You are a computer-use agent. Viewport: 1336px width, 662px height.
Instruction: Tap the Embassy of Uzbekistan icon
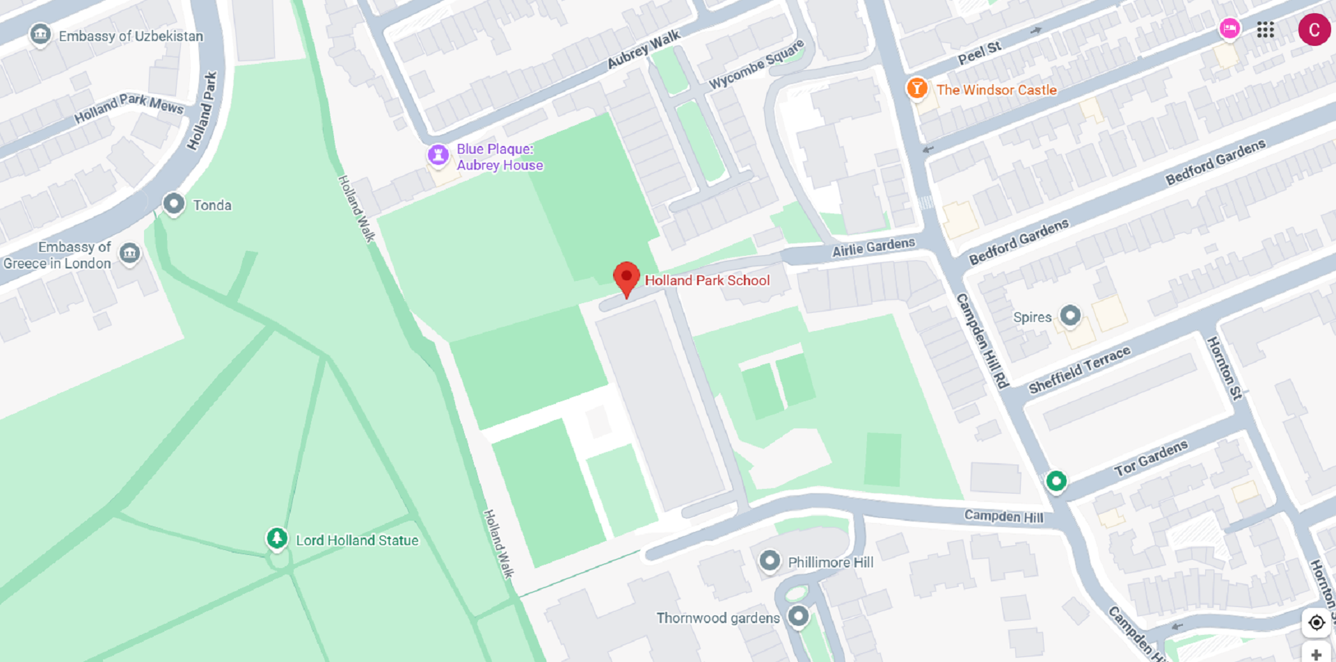pyautogui.click(x=40, y=34)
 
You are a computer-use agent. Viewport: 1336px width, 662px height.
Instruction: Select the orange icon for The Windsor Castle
pyautogui.click(x=916, y=88)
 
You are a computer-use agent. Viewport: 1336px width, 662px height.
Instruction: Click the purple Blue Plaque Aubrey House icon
pyautogui.click(x=438, y=154)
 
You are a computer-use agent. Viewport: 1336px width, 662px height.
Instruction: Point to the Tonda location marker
pyautogui.click(x=173, y=204)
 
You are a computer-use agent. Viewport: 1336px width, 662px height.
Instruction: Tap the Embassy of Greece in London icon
pyautogui.click(x=129, y=253)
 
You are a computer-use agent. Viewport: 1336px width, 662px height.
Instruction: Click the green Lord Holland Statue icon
pyautogui.click(x=277, y=538)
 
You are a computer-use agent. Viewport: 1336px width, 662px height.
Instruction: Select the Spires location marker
pyautogui.click(x=1069, y=316)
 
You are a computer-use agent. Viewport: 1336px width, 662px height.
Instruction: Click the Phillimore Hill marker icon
pyautogui.click(x=769, y=560)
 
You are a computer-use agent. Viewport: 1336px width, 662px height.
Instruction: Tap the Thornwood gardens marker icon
pyautogui.click(x=798, y=615)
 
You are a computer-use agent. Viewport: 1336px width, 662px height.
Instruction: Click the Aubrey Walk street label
pyautogui.click(x=644, y=50)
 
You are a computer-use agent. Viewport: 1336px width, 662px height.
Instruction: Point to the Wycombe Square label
pyautogui.click(x=756, y=64)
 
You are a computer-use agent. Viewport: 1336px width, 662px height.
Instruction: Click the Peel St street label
pyautogui.click(x=979, y=53)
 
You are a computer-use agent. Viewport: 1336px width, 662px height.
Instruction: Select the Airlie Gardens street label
pyautogui.click(x=873, y=247)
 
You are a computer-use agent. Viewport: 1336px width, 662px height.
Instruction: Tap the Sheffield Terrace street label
pyautogui.click(x=1079, y=370)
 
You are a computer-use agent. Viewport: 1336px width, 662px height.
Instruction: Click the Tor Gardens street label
pyautogui.click(x=1151, y=458)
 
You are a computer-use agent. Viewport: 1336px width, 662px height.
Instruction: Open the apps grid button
pyautogui.click(x=1265, y=30)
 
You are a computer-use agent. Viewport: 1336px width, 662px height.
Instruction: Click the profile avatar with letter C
pyautogui.click(x=1314, y=30)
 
